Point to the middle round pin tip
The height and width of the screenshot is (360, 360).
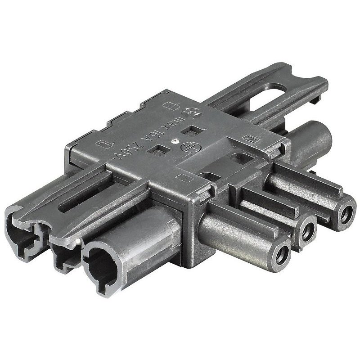point(308,230)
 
